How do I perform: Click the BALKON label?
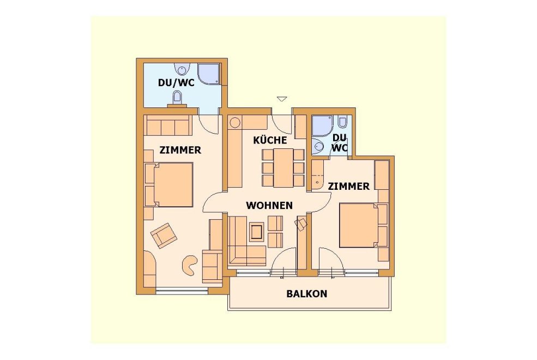pos(306,293)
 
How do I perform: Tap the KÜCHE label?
pos(270,140)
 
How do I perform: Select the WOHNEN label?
pos(269,205)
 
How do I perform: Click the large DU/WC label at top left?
pos(176,82)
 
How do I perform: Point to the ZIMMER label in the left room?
pos(180,150)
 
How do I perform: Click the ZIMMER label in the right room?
pos(348,187)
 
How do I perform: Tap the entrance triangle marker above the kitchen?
pos(282,99)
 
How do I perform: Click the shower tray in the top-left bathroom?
pos(209,74)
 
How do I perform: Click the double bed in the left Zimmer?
pos(173,185)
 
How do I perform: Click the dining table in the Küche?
pos(283,168)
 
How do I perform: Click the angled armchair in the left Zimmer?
pos(164,235)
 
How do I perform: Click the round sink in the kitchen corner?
pos(236,122)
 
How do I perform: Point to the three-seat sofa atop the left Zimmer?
pos(168,125)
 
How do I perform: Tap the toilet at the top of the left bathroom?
pos(181,69)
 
